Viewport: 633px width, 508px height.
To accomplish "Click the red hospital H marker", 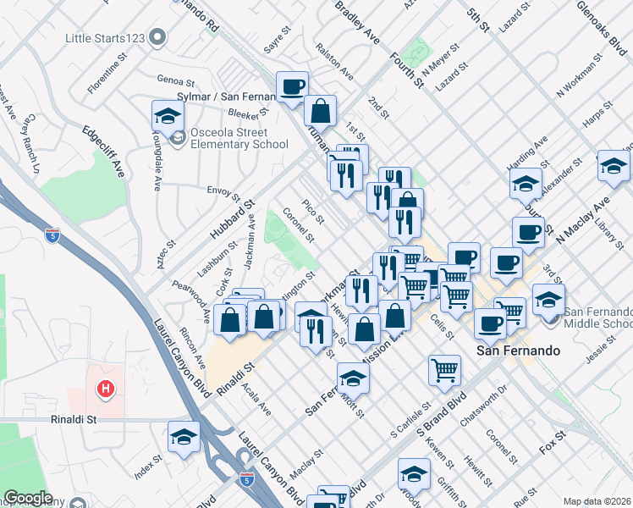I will coord(106,389).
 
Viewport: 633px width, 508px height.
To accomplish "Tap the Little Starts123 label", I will coord(104,38).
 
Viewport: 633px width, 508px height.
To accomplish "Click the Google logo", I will coord(28,498).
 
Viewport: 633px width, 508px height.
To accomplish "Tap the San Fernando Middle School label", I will coord(597,317).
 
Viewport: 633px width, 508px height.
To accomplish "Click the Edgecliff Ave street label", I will coord(104,151).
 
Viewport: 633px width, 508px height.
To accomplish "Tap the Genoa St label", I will coord(175,80).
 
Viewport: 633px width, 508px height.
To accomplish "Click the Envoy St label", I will coord(224,190).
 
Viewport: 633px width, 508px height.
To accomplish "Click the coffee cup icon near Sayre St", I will coord(292,86).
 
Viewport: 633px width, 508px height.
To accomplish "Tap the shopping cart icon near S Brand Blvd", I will coord(445,370).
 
